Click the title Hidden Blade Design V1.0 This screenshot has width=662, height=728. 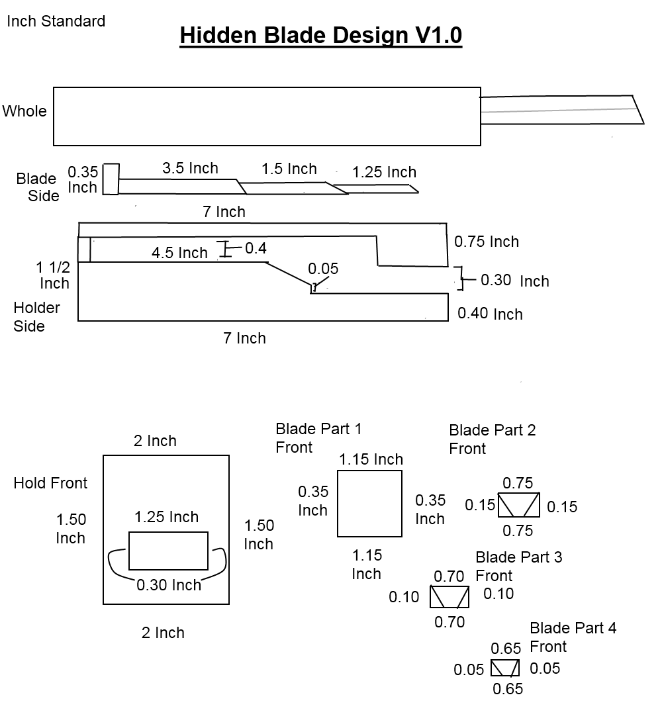(320, 36)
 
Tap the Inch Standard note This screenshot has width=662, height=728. (56, 21)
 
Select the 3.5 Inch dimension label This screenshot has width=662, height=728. (190, 169)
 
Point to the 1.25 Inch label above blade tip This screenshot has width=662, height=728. (384, 173)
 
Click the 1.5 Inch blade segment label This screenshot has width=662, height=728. (289, 169)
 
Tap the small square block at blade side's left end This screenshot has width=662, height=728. (111, 179)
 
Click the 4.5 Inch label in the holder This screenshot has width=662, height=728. (179, 253)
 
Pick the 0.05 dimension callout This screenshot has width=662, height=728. (323, 269)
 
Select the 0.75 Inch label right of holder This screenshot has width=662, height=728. (487, 242)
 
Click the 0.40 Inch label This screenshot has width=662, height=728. (490, 314)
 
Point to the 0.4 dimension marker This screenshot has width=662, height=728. (256, 248)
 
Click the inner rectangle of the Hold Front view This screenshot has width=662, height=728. (168, 551)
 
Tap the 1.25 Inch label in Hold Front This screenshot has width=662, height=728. (166, 517)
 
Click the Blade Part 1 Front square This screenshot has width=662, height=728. (369, 504)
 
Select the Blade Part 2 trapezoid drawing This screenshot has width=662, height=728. (518, 505)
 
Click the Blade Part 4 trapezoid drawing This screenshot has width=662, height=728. (504, 668)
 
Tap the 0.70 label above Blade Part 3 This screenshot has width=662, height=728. (449, 576)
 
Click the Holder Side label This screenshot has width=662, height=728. (36, 317)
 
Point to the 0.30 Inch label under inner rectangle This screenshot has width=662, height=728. (169, 585)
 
